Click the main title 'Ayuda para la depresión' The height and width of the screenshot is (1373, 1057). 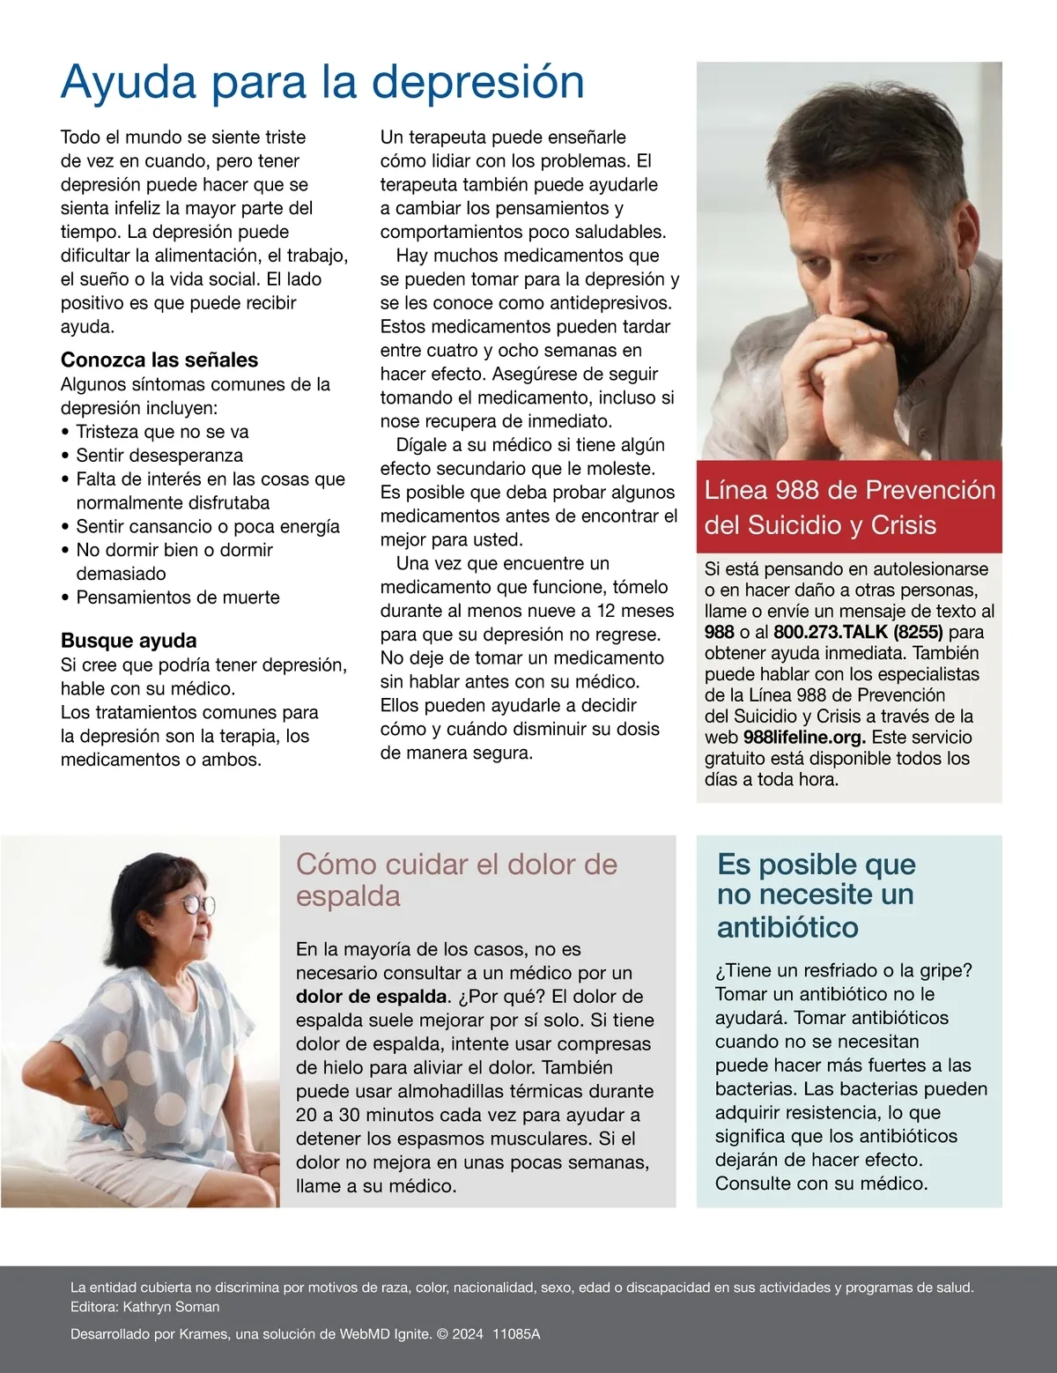(322, 83)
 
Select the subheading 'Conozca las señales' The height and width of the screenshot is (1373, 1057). (159, 360)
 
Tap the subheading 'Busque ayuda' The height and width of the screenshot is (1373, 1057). (129, 641)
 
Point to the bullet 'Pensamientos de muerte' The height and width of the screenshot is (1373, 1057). (178, 597)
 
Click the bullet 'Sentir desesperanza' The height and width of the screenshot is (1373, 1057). (159, 456)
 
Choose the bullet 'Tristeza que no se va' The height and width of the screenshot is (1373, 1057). (162, 432)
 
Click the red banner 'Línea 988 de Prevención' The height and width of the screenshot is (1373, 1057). (849, 507)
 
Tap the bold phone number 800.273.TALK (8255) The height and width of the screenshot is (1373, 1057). (858, 632)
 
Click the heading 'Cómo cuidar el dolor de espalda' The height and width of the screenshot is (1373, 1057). (456, 879)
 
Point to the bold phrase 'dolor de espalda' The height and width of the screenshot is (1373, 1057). (372, 997)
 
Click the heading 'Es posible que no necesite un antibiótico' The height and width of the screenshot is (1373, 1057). (816, 894)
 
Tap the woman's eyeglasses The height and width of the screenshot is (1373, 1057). (197, 904)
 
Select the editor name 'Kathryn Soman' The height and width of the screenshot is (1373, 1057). (171, 1307)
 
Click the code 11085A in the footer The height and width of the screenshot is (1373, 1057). (516, 1334)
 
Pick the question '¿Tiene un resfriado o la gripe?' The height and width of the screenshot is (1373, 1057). (844, 970)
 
